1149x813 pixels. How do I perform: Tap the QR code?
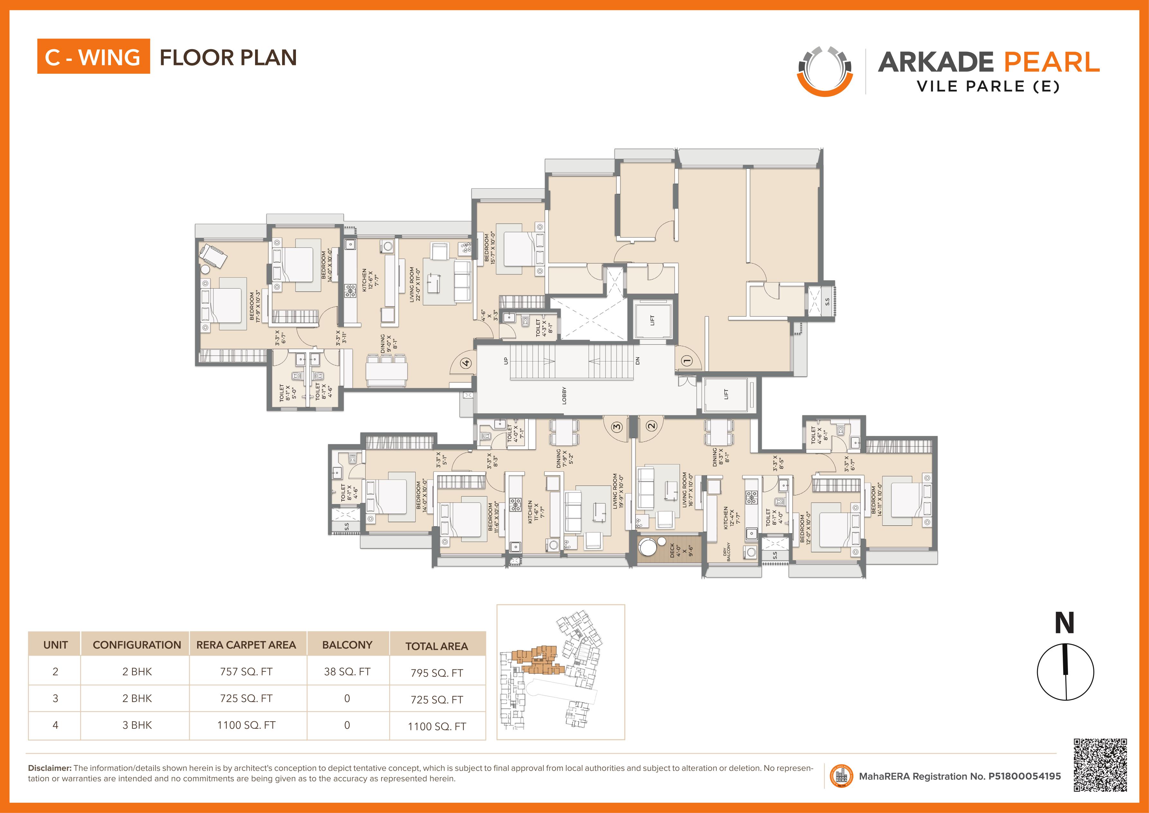(x=1100, y=765)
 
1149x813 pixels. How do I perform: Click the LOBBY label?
(x=564, y=396)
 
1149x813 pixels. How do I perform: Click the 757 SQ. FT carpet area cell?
(x=246, y=671)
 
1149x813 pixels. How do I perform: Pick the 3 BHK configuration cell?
(x=137, y=725)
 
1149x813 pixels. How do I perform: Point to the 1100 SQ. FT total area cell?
(x=437, y=726)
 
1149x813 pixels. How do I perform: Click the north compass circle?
(x=1065, y=672)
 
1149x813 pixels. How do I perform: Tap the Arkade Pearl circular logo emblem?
(x=825, y=71)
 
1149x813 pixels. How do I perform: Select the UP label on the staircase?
(x=506, y=360)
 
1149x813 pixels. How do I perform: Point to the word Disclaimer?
(x=50, y=768)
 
